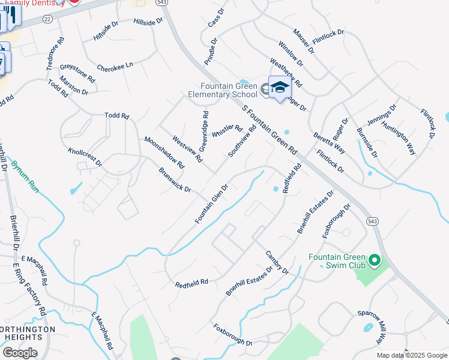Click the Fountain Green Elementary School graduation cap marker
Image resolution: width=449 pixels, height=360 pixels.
tap(279, 88)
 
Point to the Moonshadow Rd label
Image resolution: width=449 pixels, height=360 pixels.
tap(164, 152)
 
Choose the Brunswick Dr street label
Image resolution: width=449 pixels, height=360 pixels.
tap(174, 180)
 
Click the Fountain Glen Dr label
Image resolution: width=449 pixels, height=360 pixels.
tap(211, 204)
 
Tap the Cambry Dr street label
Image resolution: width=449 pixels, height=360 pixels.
tap(277, 262)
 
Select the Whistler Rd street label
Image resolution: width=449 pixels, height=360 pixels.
tap(226, 132)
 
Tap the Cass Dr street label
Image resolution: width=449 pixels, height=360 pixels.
tap(215, 19)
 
